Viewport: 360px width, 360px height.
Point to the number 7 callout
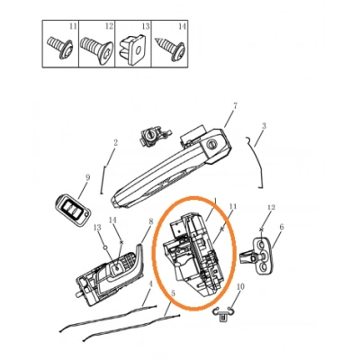234,106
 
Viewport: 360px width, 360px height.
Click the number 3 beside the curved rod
264,126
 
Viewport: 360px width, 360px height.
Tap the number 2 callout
116,143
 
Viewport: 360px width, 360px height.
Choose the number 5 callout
173,293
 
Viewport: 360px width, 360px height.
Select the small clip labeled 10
225,313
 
